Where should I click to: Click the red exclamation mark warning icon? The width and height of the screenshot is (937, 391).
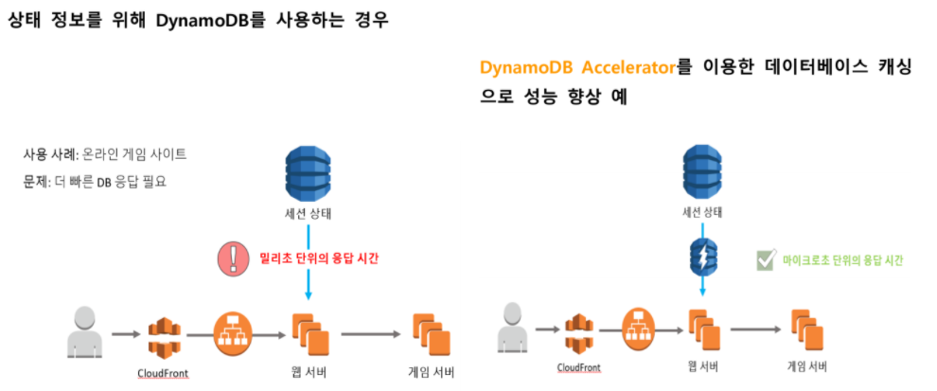point(232,258)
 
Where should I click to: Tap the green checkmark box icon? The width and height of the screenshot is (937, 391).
point(766,258)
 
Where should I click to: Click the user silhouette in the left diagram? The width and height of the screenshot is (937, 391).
point(81,333)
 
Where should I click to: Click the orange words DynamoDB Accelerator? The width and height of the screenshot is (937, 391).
point(578,68)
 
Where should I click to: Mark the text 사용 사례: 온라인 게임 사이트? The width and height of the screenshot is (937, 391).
point(105,153)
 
